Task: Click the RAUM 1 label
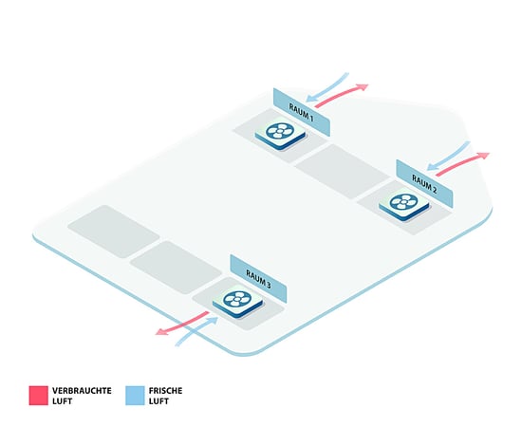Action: (x=301, y=113)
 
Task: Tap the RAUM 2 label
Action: (x=424, y=184)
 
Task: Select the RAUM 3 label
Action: (x=258, y=279)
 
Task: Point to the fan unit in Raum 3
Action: (x=237, y=302)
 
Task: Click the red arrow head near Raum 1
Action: (x=362, y=87)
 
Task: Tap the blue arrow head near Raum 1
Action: (x=311, y=98)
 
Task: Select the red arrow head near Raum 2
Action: (x=483, y=156)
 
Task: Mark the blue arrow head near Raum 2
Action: (x=432, y=166)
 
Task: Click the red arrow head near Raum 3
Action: (x=162, y=331)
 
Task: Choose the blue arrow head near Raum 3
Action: (x=213, y=321)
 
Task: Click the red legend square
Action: (x=39, y=396)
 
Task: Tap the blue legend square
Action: (x=135, y=396)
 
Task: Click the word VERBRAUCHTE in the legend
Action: (x=82, y=390)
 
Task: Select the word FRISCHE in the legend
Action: (x=165, y=390)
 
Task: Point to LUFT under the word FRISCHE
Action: (x=158, y=401)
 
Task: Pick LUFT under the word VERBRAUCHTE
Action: (x=63, y=401)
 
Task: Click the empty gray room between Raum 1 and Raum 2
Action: (x=343, y=172)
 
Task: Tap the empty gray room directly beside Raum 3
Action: (x=176, y=268)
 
